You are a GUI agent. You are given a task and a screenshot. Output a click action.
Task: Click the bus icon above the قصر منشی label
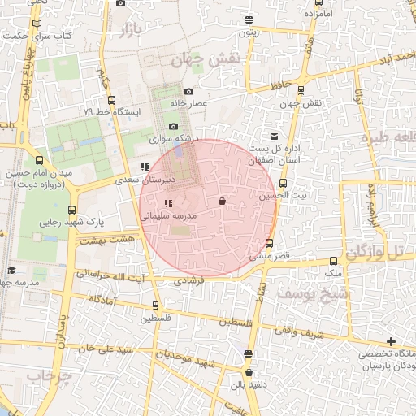(271, 244)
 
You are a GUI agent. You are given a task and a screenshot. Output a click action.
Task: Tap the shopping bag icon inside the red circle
(222, 201)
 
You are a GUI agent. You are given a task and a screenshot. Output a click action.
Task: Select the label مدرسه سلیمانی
(167, 217)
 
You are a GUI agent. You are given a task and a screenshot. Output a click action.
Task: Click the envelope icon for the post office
(273, 135)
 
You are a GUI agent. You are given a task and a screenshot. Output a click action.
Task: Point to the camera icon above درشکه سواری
(173, 127)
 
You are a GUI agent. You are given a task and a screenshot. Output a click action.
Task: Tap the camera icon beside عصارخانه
(189, 92)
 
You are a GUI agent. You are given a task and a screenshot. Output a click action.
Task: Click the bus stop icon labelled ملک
(334, 262)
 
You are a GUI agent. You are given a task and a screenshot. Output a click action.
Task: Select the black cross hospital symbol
(392, 340)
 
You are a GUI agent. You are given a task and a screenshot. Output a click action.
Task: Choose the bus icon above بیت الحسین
(283, 184)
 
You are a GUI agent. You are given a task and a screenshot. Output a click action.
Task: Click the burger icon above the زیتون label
(248, 21)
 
